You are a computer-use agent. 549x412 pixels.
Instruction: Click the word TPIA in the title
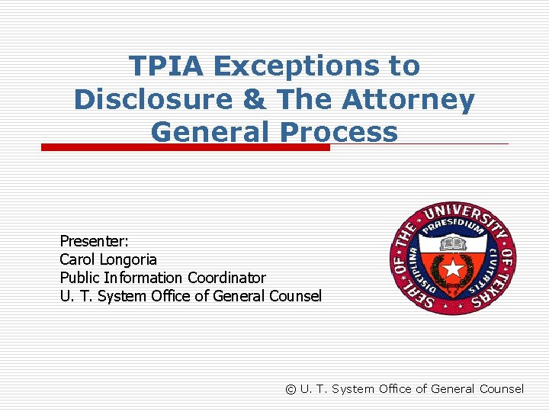[166, 66]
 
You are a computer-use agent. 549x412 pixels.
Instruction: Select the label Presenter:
[95, 241]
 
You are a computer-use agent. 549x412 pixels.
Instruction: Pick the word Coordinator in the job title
[226, 278]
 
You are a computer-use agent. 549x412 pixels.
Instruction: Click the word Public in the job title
[80, 278]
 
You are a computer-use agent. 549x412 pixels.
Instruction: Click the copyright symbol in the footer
[291, 389]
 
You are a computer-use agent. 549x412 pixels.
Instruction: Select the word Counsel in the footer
[501, 389]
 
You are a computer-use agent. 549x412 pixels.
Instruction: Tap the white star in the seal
[454, 268]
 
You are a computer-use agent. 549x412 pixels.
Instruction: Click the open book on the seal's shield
[454, 245]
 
